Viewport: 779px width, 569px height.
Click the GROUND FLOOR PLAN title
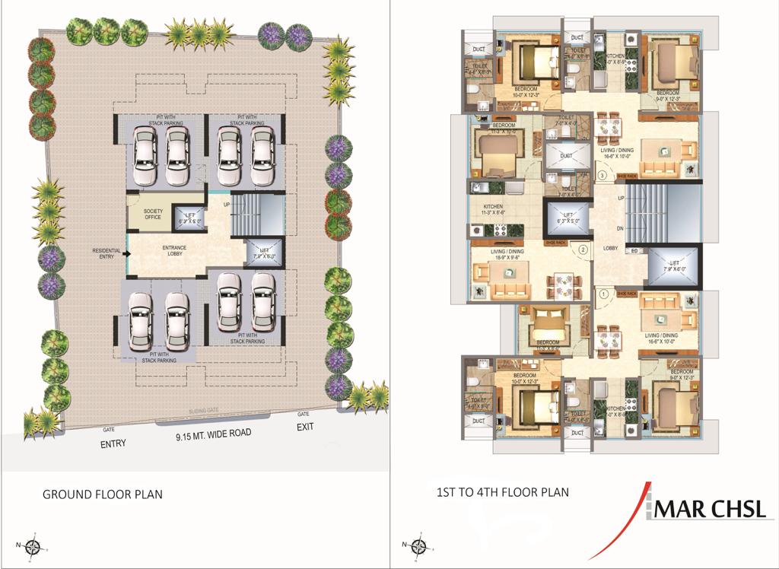(x=102, y=494)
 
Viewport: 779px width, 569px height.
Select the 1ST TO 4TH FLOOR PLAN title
(x=503, y=492)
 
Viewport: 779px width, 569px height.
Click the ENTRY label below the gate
(x=113, y=443)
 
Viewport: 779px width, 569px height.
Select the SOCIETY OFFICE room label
(x=143, y=215)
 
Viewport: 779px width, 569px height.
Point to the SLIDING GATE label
(x=204, y=411)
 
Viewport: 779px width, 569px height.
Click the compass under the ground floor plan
(x=33, y=545)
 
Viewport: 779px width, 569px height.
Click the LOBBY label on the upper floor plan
(x=610, y=248)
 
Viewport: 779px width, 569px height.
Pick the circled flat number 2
(x=583, y=249)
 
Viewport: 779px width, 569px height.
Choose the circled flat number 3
(x=603, y=176)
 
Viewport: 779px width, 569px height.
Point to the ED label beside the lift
(x=633, y=250)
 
